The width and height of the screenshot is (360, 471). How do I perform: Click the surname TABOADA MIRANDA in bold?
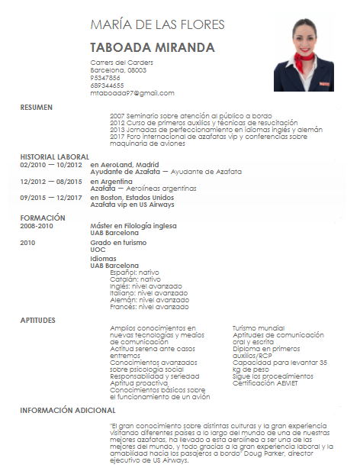153,47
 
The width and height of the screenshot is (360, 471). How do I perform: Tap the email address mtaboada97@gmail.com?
132,93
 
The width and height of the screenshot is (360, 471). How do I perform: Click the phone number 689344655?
107,85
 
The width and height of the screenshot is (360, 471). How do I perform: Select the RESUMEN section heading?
37,108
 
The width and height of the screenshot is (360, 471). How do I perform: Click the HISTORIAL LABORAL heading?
55,156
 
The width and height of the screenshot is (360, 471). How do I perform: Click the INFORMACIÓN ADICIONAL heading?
67,411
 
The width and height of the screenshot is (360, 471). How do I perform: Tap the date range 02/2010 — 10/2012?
51,164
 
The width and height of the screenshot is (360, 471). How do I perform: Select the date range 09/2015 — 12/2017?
51,198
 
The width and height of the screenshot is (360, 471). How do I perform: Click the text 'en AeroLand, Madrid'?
124,164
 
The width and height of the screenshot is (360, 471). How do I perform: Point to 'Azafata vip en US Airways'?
132,205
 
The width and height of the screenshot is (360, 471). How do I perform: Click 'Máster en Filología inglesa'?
133,226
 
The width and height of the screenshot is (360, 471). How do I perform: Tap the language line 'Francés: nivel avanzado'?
149,306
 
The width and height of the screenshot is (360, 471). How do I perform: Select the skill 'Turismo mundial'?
258,327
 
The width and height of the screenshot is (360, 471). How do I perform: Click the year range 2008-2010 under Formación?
37,226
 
